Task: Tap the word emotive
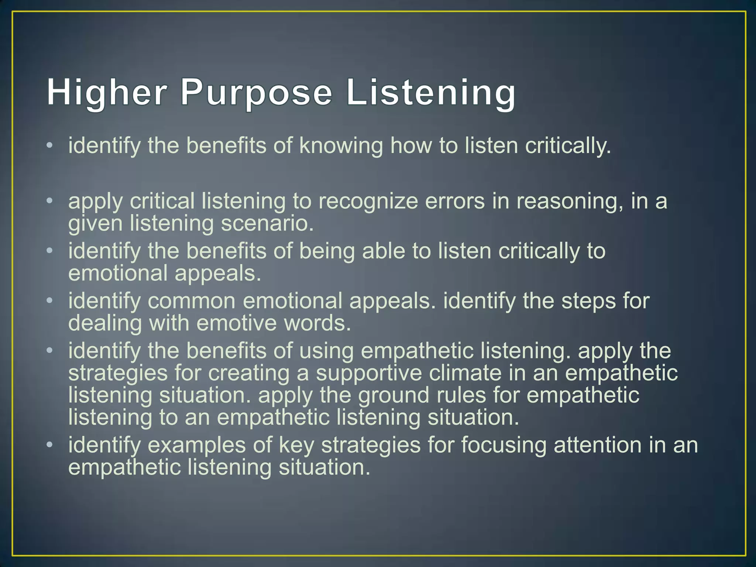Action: pos(237,323)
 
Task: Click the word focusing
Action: pos(504,445)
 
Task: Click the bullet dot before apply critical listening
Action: pos(50,201)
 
